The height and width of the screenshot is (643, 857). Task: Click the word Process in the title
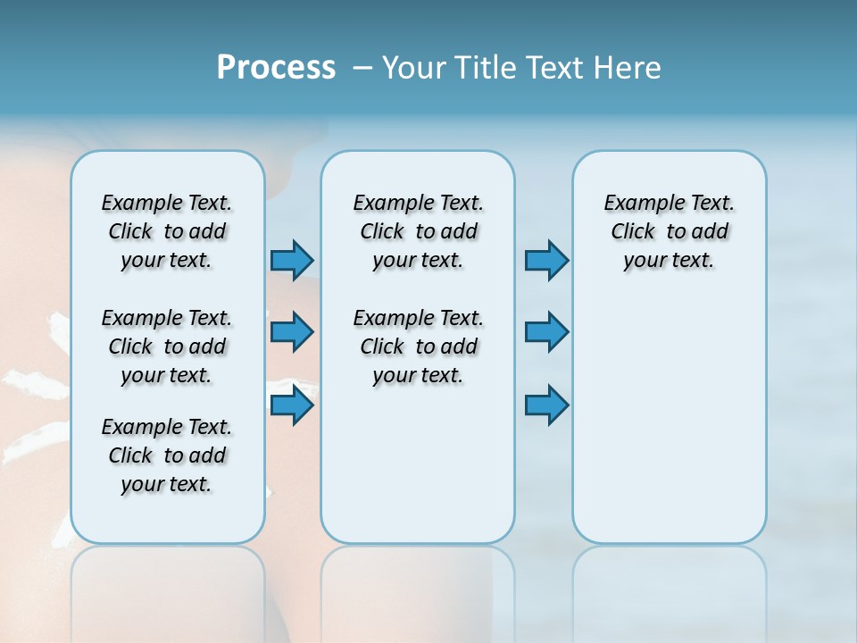tap(276, 68)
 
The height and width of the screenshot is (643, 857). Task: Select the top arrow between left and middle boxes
tap(292, 260)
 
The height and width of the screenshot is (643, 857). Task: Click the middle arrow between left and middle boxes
tap(292, 332)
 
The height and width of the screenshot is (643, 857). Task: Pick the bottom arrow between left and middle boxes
tap(292, 405)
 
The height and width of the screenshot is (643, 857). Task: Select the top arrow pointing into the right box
tap(546, 260)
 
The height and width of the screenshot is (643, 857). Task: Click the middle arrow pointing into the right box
tap(546, 332)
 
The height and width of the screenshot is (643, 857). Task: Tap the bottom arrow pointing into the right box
tap(546, 405)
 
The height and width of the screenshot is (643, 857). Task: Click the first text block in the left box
tap(167, 231)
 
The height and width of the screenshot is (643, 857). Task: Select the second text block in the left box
tap(167, 347)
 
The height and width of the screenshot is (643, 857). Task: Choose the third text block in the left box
tap(167, 455)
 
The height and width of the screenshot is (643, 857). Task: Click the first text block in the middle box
tap(418, 231)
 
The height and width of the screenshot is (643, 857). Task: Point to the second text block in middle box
tap(418, 347)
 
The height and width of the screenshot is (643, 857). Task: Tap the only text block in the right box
tap(669, 231)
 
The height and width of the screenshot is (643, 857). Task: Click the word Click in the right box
tap(633, 231)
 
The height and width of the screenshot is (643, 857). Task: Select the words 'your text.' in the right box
tap(669, 260)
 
